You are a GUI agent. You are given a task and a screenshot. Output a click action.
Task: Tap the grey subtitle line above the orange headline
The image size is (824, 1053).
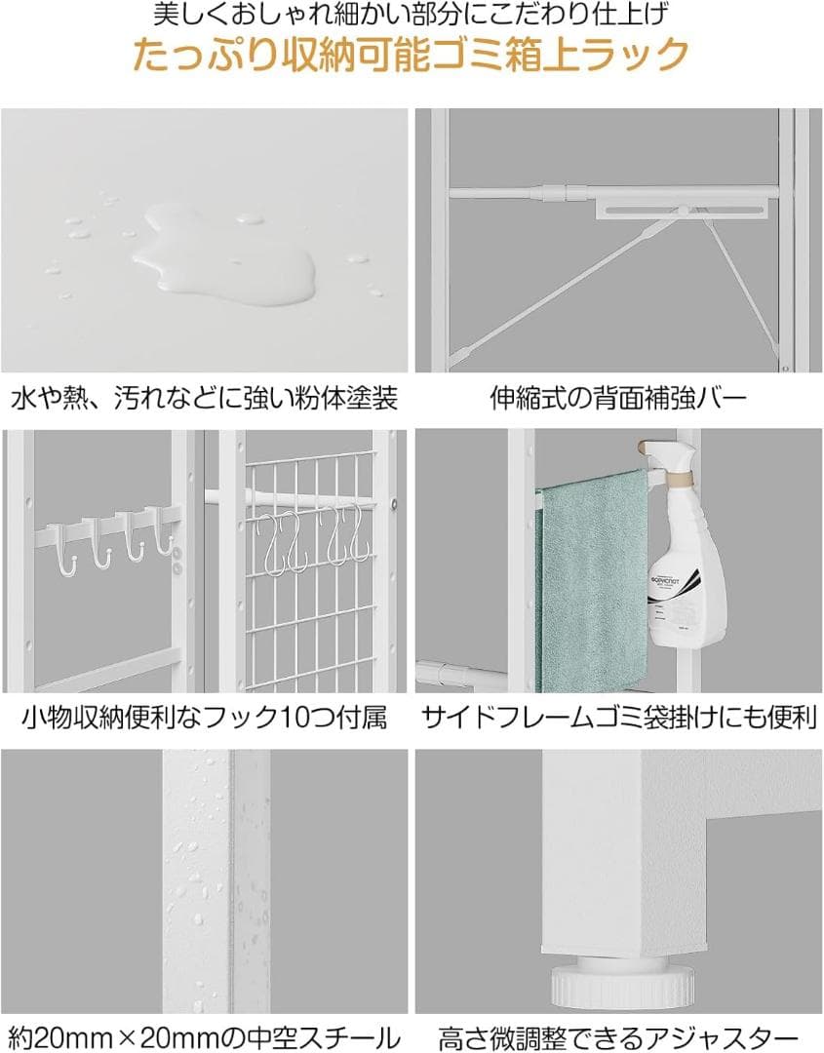[x=412, y=15]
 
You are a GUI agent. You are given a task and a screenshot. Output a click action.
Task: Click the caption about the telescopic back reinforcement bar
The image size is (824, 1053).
[x=618, y=399]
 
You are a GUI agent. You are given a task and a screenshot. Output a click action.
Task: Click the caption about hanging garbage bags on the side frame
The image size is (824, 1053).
[x=618, y=719]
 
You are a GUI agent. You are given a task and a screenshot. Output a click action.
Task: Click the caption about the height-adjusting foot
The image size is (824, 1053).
[x=618, y=1036]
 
